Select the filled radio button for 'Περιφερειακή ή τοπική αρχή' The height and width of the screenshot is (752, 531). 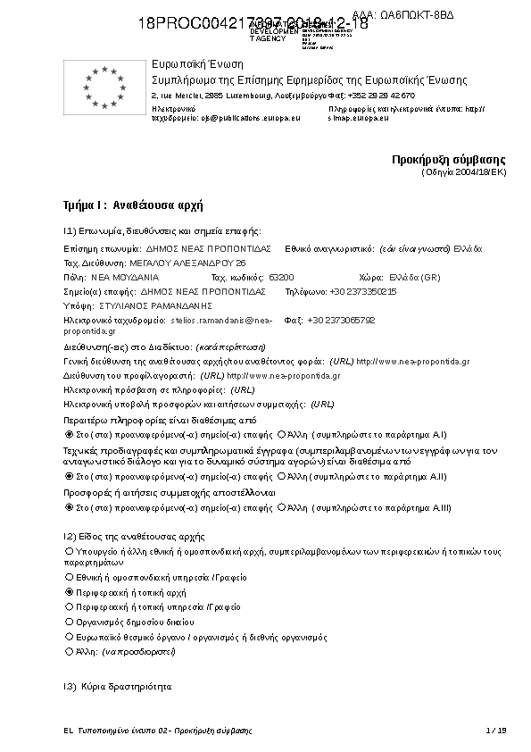pos(70,592)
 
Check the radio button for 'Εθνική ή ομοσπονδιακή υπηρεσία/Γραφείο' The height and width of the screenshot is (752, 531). pos(70,578)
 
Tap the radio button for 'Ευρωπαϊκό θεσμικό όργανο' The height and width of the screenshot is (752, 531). pos(70,638)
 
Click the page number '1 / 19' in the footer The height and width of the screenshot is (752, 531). pos(496,731)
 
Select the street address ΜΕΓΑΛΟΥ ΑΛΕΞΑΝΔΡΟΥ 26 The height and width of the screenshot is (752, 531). pos(188,263)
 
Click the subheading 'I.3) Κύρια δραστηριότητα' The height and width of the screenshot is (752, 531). pos(117,687)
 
